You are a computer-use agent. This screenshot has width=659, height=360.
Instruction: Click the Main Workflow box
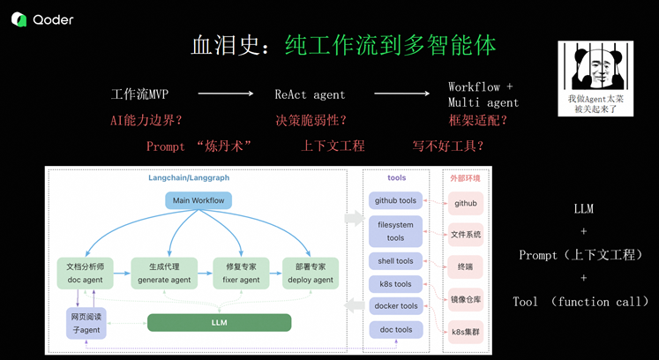click(198, 200)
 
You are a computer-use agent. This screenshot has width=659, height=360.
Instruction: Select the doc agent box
click(86, 273)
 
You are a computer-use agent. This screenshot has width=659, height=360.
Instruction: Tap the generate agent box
click(164, 273)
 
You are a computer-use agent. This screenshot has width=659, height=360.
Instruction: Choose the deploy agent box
click(311, 273)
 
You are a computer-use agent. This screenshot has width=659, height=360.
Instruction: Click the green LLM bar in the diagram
click(219, 322)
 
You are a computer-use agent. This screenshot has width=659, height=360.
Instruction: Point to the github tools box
click(395, 200)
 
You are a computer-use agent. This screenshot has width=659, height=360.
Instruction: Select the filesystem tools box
click(395, 231)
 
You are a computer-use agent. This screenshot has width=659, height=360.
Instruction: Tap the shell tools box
click(395, 261)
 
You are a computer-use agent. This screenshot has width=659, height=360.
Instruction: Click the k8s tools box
click(395, 284)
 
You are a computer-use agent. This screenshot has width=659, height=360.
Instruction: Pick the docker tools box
click(395, 306)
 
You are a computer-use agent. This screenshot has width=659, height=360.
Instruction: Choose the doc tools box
click(395, 329)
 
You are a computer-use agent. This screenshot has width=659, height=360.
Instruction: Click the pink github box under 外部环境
click(466, 203)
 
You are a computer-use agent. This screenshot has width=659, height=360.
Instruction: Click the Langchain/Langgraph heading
click(188, 177)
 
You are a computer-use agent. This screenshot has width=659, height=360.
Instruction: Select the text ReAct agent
click(310, 94)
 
